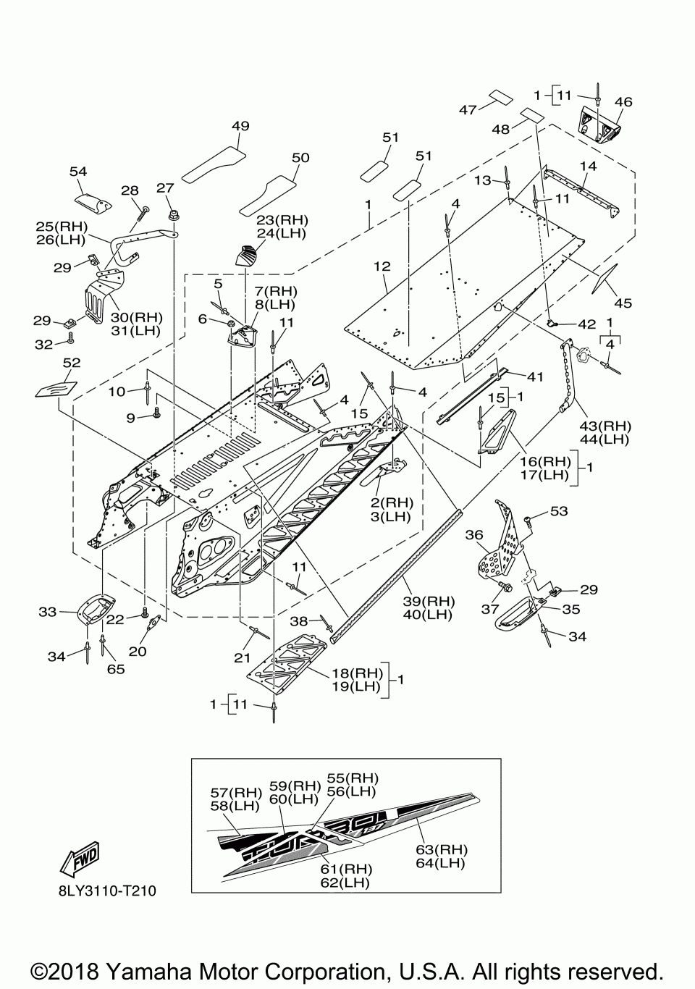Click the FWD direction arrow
coord(80,859)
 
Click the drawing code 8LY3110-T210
coord(107,891)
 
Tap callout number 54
coord(78,172)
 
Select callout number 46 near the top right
coord(623,102)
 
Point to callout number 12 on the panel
coord(382,266)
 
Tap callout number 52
coord(72,363)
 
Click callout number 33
coord(48,613)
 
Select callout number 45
coord(623,303)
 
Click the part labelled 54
coord(93,203)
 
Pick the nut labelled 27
coord(174,216)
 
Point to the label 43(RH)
coord(605,426)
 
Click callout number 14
coord(588,167)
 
